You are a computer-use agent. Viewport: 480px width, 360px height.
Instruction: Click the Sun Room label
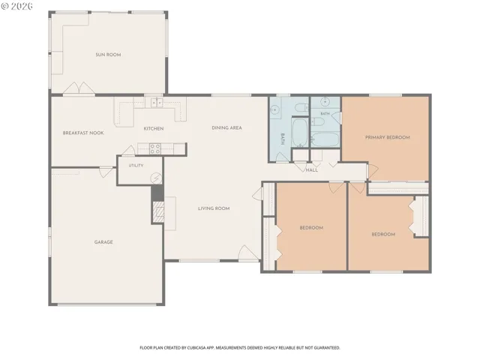tap(108, 55)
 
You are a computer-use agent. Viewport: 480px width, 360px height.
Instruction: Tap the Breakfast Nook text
tap(83, 133)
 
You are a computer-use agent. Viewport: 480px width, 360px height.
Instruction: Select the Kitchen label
tap(154, 128)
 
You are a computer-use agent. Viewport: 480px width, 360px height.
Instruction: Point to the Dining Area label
tap(226, 127)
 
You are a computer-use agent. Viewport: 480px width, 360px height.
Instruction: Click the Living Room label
tap(214, 208)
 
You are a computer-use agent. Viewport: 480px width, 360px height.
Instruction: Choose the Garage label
tap(103, 242)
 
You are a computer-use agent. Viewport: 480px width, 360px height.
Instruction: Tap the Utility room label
tap(136, 165)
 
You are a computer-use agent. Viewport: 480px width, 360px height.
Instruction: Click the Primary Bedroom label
tap(388, 137)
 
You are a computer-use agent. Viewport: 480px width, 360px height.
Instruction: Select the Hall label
tap(312, 170)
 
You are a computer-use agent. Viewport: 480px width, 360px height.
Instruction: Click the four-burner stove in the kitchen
tap(155, 148)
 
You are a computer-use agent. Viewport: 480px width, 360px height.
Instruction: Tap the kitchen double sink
tap(157, 103)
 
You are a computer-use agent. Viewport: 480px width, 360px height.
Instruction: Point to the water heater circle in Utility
tap(156, 178)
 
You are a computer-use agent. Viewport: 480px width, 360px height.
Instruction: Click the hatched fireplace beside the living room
tap(158, 211)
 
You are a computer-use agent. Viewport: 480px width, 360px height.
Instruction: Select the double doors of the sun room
tap(79, 88)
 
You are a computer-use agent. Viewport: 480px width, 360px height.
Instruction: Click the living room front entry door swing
tap(248, 253)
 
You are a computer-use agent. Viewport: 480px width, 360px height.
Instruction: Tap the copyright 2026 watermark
tap(16, 6)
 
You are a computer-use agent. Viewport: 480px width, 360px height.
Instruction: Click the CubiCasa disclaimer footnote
tap(240, 348)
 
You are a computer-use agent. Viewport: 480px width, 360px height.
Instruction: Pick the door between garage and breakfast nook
tap(106, 172)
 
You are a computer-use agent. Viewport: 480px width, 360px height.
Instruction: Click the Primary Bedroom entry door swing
tap(373, 171)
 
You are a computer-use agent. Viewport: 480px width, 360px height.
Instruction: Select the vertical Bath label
tap(283, 139)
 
